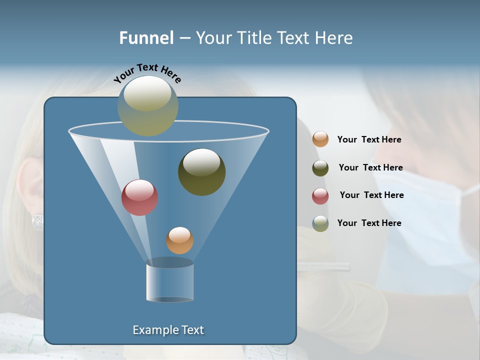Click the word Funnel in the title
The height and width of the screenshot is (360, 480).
pyautogui.click(x=146, y=38)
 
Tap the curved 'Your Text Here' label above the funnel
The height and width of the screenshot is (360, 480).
pyautogui.click(x=147, y=72)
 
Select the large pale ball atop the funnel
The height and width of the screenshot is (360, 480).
pyautogui.click(x=148, y=105)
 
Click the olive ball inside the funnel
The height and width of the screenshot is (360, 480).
pyautogui.click(x=201, y=171)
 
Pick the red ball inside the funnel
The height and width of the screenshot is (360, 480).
pyautogui.click(x=139, y=197)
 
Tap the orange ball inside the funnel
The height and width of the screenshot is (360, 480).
pyautogui.click(x=179, y=240)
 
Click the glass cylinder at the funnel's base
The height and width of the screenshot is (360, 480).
pyautogui.click(x=169, y=280)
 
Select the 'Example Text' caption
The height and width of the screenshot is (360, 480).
pyautogui.click(x=168, y=330)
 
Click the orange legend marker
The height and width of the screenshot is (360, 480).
pyautogui.click(x=320, y=139)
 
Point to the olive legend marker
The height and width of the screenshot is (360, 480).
pyautogui.click(x=320, y=168)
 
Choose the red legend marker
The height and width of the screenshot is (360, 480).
pyautogui.click(x=320, y=195)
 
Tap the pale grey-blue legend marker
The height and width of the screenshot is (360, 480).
pyautogui.click(x=320, y=223)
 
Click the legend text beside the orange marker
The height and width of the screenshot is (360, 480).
pyautogui.click(x=369, y=140)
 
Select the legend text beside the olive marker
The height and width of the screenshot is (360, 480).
pyautogui.click(x=370, y=168)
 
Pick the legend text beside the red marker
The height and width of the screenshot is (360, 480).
pyautogui.click(x=371, y=195)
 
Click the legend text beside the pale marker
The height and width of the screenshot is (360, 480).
pyautogui.click(x=369, y=223)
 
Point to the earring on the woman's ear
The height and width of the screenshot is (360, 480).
pyautogui.click(x=37, y=222)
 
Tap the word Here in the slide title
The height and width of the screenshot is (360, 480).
pyautogui.click(x=334, y=38)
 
